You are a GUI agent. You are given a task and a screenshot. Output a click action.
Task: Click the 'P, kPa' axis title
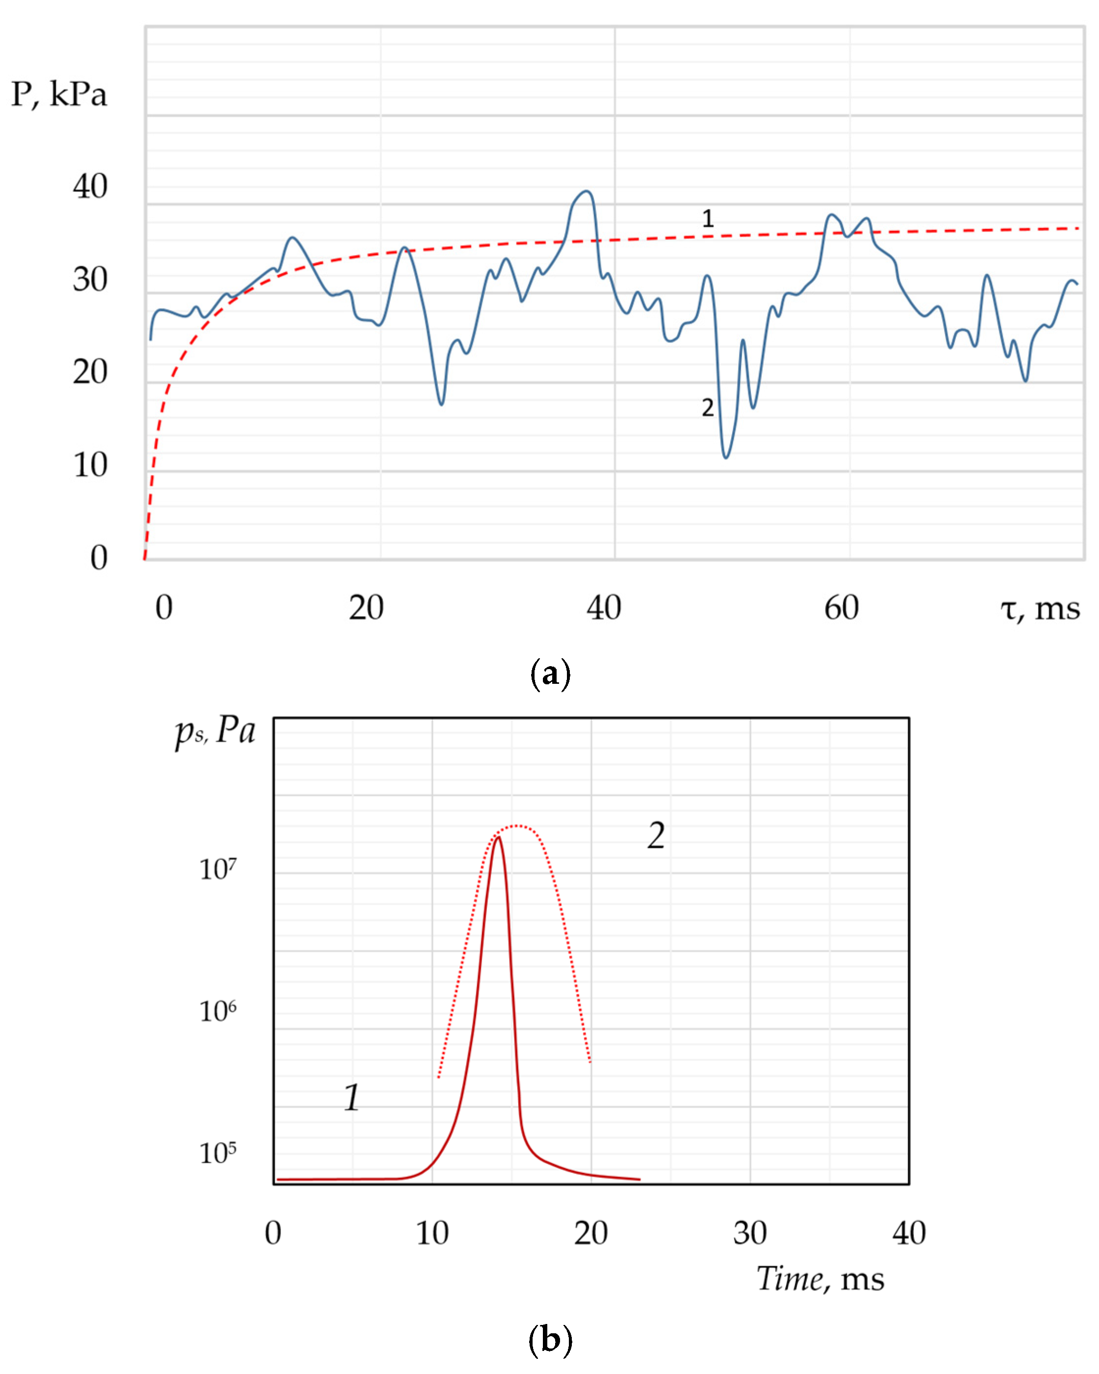coord(59,94)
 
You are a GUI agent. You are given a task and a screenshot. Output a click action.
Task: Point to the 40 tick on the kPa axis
coord(90,187)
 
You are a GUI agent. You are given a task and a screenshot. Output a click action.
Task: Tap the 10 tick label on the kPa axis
coord(90,465)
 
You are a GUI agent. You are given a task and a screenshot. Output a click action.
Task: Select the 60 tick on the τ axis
coord(841,607)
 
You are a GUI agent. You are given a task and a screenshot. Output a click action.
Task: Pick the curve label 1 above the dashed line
coord(707,219)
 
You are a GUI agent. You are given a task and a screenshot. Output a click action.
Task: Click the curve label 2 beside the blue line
coord(707,407)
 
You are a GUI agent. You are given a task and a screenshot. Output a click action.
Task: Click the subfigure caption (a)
coord(550,674)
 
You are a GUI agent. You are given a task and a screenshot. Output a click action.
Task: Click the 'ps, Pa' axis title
coord(215,731)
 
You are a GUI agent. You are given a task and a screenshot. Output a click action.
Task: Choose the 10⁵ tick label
coord(218,1153)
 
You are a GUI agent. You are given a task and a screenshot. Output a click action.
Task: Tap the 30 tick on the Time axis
coord(750,1233)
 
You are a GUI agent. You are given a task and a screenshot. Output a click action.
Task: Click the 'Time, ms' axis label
coord(820,1279)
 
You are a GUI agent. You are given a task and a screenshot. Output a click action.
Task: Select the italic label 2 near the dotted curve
coord(656,835)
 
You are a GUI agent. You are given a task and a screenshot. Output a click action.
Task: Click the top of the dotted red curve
coord(517,826)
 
